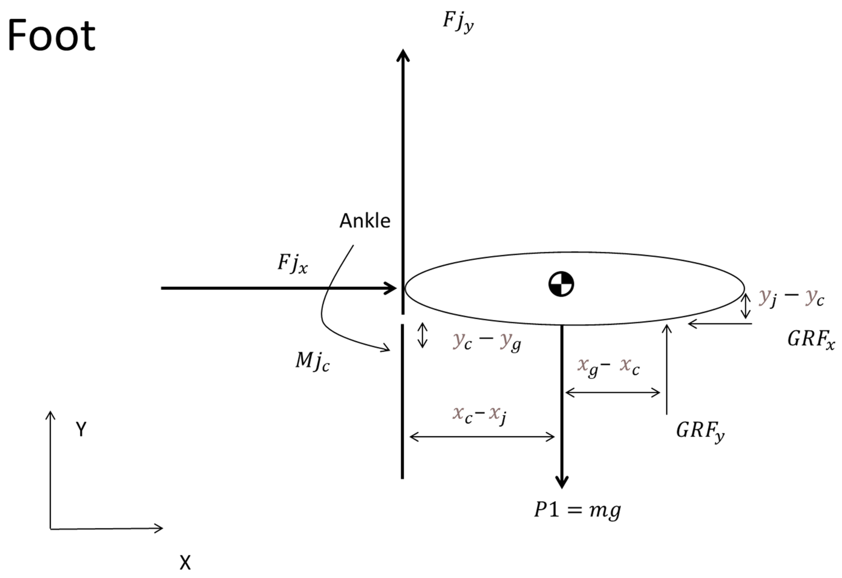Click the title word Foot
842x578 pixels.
point(51,36)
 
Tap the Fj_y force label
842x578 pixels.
point(458,22)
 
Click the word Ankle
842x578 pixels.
point(365,221)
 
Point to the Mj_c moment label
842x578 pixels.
point(312,361)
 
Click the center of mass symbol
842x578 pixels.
point(561,284)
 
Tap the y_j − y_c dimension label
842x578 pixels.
point(791,298)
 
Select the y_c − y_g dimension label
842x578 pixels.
point(487,341)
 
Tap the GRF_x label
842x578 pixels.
point(811,340)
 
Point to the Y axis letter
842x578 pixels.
point(81,429)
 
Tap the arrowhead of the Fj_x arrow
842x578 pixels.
point(391,288)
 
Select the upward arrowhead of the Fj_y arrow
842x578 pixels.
point(403,55)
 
